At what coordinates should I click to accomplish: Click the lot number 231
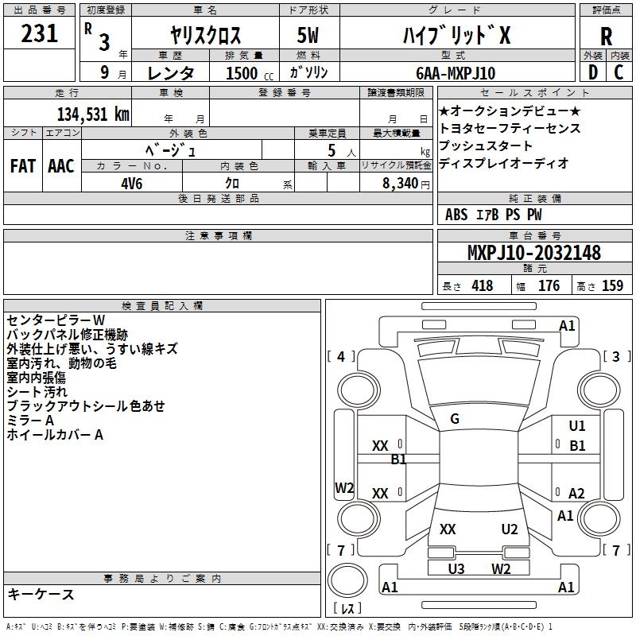click(40, 33)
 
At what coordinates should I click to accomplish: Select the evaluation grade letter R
click(606, 37)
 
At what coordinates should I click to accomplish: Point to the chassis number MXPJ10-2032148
click(533, 254)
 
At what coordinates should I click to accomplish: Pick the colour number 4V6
click(131, 182)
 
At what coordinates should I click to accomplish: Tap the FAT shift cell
click(23, 166)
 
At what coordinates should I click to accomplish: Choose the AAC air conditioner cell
click(61, 166)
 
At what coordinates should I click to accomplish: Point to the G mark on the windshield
click(455, 419)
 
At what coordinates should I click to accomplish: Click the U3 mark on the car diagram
click(456, 568)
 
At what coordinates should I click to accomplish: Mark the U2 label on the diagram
click(510, 529)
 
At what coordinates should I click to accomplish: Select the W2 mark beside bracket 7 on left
click(344, 488)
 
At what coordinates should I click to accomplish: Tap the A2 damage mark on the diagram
click(577, 494)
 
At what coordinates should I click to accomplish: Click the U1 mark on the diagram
click(577, 426)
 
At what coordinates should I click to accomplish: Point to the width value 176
click(549, 285)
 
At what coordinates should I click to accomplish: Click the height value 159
click(612, 285)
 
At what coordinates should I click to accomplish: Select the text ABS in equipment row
click(456, 214)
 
